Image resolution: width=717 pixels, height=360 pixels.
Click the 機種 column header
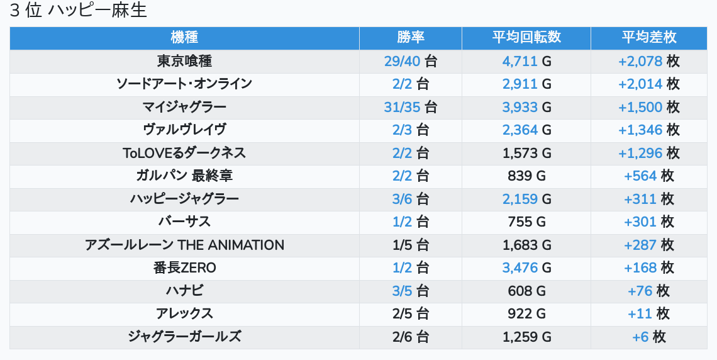point(184,38)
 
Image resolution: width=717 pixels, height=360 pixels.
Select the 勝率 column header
point(411,38)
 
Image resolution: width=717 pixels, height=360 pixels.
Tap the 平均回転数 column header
point(526,38)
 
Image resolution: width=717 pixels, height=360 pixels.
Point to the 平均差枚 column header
point(649,38)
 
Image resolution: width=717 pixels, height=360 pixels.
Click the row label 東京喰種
point(184,61)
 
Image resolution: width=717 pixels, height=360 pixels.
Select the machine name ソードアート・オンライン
point(184,84)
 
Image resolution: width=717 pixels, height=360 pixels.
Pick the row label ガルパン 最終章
point(184,176)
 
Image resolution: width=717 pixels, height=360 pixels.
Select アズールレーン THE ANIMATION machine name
point(184,245)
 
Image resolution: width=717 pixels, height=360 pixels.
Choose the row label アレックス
point(184,313)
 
